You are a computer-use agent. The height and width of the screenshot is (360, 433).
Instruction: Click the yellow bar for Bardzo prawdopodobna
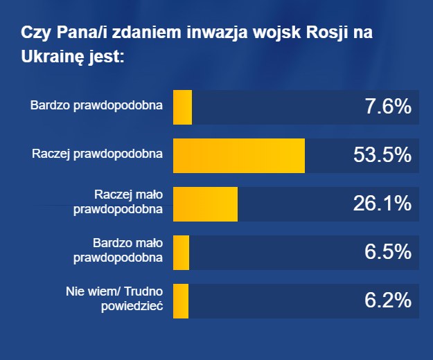[x=182, y=107]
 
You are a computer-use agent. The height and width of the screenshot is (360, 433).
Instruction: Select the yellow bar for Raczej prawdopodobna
[x=238, y=156]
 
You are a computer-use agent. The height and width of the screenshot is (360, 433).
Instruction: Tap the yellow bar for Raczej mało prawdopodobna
[x=205, y=204]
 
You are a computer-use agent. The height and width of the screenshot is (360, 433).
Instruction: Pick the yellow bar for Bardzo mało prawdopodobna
[x=181, y=253]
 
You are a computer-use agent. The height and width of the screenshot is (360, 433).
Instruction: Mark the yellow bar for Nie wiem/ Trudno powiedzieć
[x=181, y=301]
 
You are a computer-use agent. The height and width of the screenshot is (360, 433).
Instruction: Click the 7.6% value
[x=387, y=107]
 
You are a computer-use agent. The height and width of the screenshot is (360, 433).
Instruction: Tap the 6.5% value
[x=387, y=253]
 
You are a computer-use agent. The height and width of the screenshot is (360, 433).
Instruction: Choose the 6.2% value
[x=387, y=301]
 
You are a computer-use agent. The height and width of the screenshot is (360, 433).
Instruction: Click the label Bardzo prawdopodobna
[x=96, y=107]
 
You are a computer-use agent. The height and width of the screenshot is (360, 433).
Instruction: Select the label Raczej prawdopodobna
[x=97, y=154]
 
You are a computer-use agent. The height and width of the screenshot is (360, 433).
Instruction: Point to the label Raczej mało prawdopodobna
[x=118, y=201]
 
